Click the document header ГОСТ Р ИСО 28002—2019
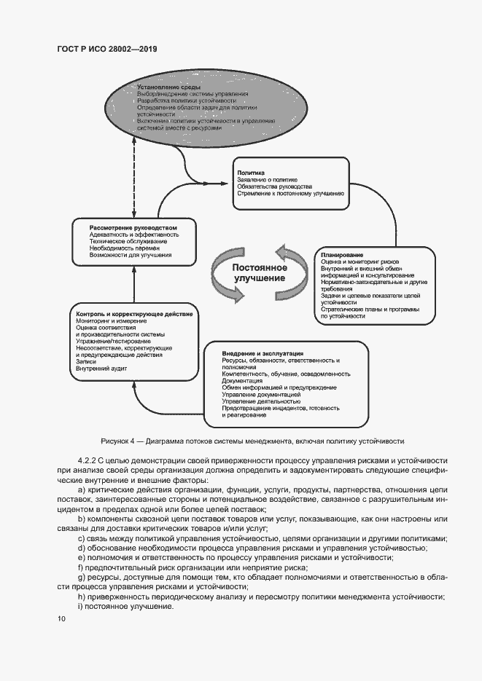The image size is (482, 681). point(107,50)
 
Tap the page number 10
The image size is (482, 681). point(61,618)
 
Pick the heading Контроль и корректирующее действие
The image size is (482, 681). point(134,313)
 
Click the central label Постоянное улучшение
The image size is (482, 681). point(260,272)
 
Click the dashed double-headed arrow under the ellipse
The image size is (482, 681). point(131,176)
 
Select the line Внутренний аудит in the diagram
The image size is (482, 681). point(101,369)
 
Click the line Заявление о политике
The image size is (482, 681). point(267,179)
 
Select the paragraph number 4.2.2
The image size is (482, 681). point(87,462)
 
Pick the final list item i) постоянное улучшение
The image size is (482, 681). point(125,607)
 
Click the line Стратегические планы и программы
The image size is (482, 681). point(370,310)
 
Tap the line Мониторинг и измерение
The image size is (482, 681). point(111,320)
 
